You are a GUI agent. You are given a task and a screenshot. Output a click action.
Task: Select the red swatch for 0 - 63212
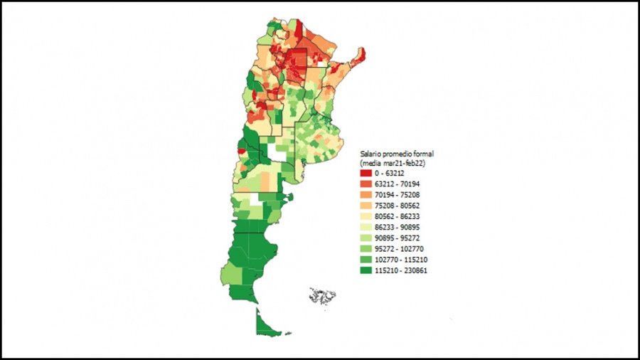(x=366, y=173)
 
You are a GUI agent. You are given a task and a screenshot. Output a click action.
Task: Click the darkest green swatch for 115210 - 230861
(x=366, y=270)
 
